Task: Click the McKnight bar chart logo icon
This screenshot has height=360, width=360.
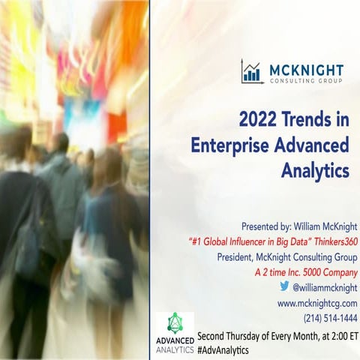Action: point(252,71)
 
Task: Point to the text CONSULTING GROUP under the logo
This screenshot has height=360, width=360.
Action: point(305,79)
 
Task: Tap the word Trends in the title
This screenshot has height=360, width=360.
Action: point(308,118)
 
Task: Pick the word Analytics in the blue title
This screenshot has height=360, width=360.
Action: point(316,170)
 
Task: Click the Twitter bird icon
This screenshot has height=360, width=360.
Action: point(284,286)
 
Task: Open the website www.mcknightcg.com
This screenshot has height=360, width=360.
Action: point(317,302)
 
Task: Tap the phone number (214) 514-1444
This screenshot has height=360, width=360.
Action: point(330,318)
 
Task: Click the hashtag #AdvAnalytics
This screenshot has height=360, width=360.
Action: point(223,349)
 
